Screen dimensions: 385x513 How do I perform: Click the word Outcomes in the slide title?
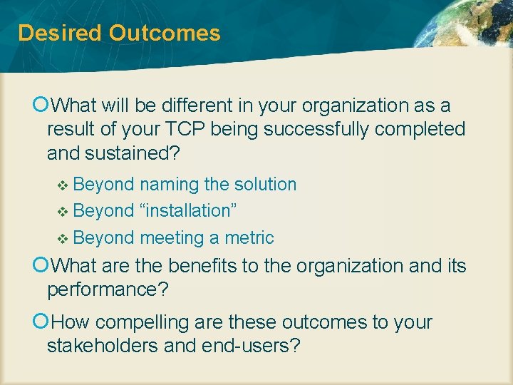(x=165, y=33)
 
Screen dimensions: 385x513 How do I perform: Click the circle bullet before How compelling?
(x=40, y=322)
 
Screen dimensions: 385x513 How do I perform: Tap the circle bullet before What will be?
(x=40, y=106)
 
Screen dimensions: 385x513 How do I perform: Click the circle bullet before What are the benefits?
(x=40, y=266)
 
